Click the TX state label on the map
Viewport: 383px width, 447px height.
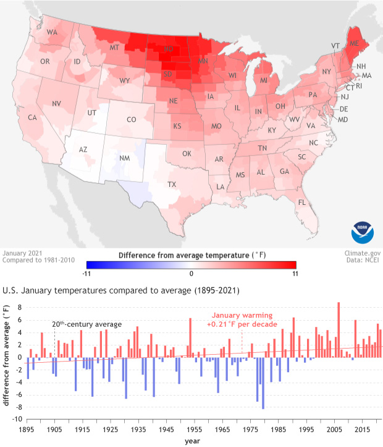[172, 184]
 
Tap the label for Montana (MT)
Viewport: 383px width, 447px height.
[114, 48]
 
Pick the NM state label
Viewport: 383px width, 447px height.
[124, 158]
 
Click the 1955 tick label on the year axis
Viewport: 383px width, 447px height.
[193, 428]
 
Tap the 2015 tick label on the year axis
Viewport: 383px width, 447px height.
[360, 428]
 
